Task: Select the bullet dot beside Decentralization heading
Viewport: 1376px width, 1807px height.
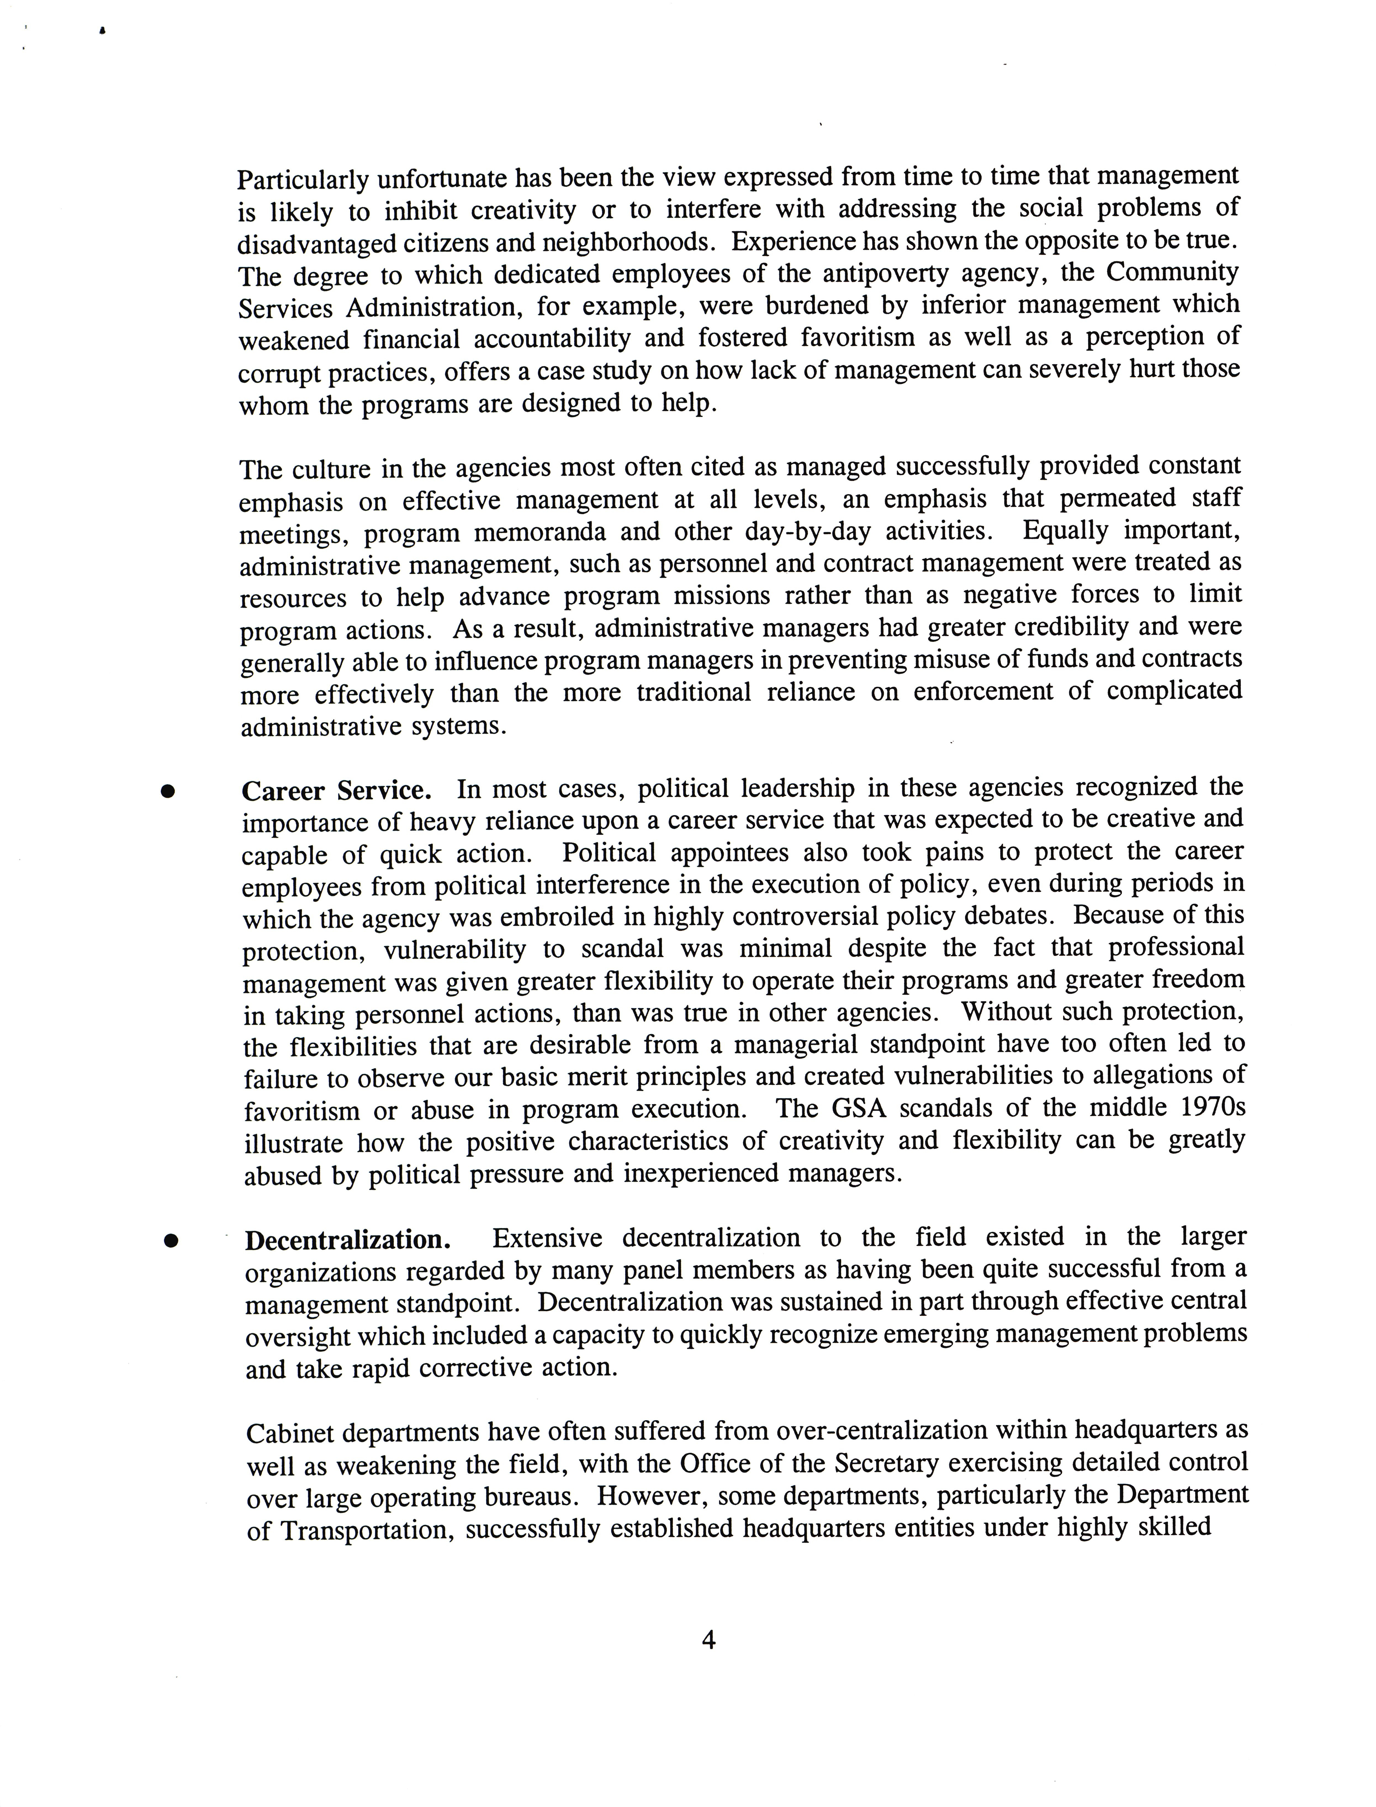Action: pos(171,1240)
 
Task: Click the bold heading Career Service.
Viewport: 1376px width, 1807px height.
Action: pos(336,791)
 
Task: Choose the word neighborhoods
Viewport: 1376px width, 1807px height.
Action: pos(627,242)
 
